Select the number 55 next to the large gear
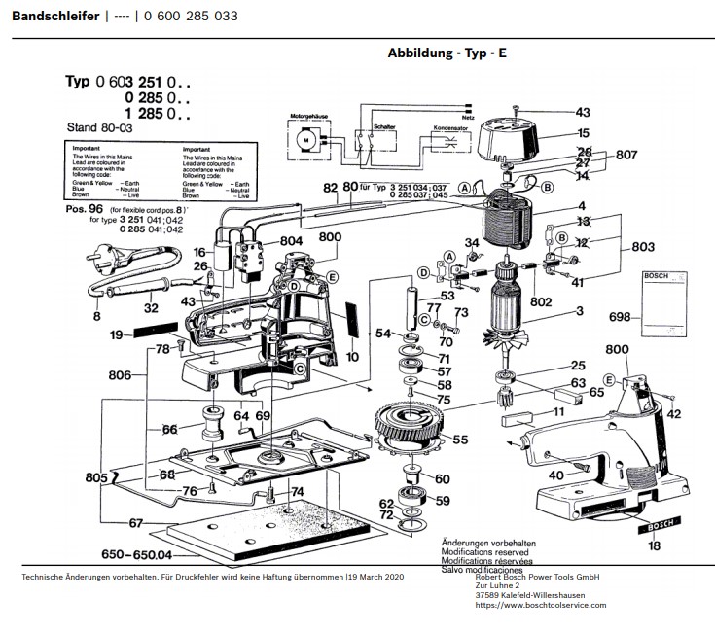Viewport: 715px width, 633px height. point(460,440)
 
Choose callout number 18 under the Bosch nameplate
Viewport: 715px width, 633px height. point(654,547)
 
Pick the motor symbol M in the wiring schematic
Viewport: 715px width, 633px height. point(304,140)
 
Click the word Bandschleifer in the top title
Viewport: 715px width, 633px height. point(55,17)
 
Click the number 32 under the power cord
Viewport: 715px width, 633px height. point(152,308)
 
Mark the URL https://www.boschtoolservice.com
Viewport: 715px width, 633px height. point(539,605)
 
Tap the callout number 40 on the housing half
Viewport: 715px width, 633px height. point(555,475)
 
